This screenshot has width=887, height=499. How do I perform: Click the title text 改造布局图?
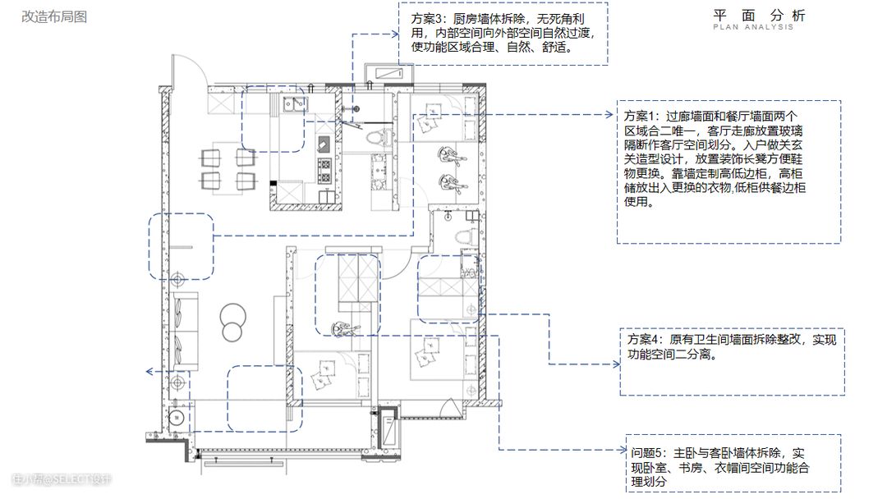click(54, 17)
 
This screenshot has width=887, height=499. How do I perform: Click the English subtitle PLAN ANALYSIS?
click(753, 27)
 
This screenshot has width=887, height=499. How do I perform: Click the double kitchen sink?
click(294, 104)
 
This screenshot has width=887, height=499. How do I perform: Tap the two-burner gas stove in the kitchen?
click(324, 171)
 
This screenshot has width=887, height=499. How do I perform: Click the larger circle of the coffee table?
click(233, 316)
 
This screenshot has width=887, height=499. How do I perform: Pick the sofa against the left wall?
click(186, 331)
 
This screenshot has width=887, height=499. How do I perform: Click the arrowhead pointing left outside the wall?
click(149, 371)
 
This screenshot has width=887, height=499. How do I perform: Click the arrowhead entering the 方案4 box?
click(617, 364)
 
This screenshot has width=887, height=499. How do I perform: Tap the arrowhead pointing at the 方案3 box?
click(395, 34)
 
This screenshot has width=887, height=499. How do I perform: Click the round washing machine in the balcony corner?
click(177, 419)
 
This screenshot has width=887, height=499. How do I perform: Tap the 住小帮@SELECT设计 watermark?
click(61, 480)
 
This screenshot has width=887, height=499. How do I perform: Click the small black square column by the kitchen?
click(273, 183)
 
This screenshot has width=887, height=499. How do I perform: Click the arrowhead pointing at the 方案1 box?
click(609, 115)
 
